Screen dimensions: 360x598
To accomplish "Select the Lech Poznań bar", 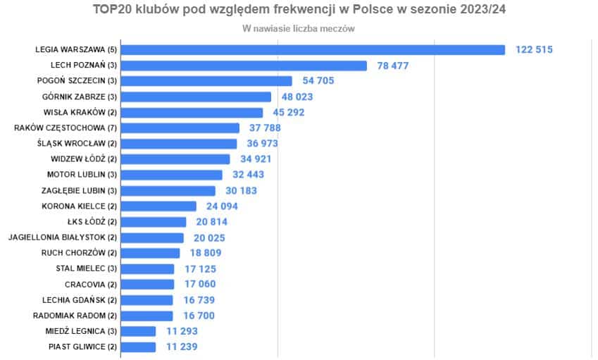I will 244,66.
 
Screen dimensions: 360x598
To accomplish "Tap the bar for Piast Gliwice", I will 138,347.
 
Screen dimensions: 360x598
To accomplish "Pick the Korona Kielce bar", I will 158,206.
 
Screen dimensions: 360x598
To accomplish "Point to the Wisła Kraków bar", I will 192,113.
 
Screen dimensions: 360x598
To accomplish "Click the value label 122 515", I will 534,49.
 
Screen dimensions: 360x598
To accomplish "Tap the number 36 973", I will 263,144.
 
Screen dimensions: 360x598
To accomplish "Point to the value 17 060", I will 199,285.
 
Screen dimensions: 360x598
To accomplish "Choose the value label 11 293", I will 181,331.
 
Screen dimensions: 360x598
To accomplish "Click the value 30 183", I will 241,191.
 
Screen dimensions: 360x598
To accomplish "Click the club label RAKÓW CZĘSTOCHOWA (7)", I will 65,128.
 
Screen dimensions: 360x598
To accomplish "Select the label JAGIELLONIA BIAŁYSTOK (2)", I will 62,237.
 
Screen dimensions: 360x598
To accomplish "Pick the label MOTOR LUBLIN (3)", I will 82,175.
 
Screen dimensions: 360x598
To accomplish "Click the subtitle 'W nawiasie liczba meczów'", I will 298,29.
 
